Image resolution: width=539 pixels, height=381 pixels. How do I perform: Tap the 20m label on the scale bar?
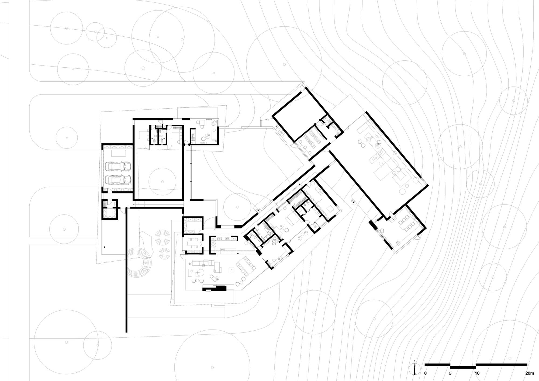(529, 373)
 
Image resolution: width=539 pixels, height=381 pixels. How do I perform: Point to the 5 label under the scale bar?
(450, 373)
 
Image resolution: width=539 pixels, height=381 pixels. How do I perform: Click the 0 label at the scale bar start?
(426, 373)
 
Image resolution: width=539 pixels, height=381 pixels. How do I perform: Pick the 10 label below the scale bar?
(477, 373)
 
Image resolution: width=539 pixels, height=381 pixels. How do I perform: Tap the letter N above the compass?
(415, 361)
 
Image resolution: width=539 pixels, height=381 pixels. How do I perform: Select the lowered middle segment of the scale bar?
(463, 367)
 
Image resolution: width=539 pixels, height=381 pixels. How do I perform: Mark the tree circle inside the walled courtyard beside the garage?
(162, 182)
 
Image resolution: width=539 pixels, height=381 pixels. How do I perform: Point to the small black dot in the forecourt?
(105, 247)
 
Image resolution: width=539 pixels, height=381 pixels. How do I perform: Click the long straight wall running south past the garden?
(126, 269)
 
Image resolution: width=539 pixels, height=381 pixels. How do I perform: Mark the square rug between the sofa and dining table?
(231, 270)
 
